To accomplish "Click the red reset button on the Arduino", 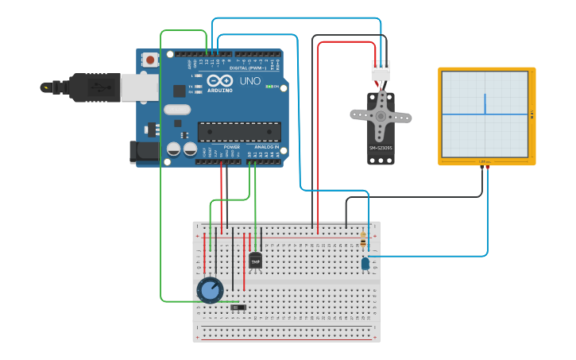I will pyautogui.click(x=150, y=60).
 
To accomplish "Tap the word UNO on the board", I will pyautogui.click(x=250, y=81).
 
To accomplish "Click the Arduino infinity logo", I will pyautogui.click(x=219, y=81).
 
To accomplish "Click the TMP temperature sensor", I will pyautogui.click(x=255, y=260).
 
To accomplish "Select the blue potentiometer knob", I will pyautogui.click(x=210, y=290).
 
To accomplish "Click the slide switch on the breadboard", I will pyautogui.click(x=239, y=307).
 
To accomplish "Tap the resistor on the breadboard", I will pyautogui.click(x=364, y=239).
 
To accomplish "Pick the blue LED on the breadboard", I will pyautogui.click(x=365, y=263).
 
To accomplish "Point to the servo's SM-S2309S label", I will pyautogui.click(x=381, y=149).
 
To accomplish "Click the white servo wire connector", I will pyautogui.click(x=381, y=72).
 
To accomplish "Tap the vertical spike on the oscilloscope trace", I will pyautogui.click(x=484, y=103).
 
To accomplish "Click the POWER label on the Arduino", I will pyautogui.click(x=232, y=147).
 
